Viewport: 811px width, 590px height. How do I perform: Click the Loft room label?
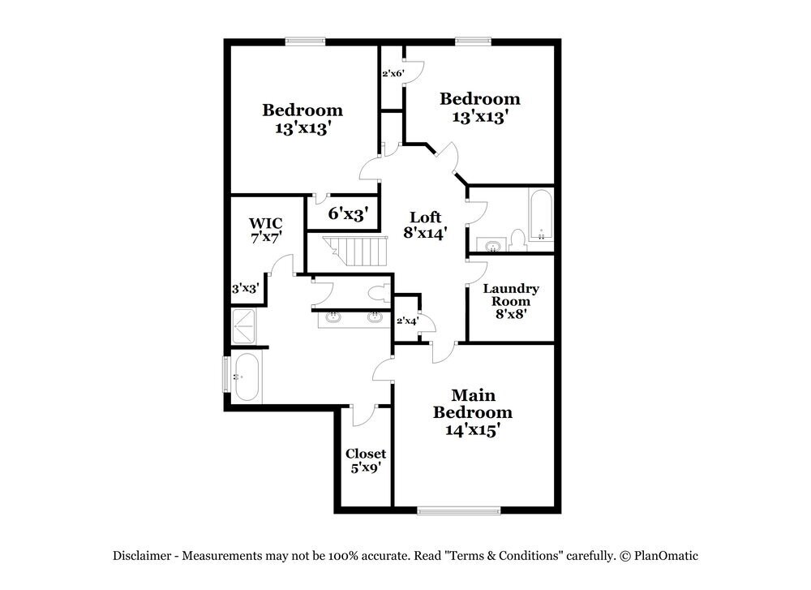point(425,217)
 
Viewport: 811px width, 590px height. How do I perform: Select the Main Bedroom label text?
point(473,403)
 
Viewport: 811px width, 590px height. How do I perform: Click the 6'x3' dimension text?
point(349,214)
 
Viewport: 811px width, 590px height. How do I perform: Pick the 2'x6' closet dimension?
point(393,74)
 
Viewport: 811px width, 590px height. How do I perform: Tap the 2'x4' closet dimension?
point(407,321)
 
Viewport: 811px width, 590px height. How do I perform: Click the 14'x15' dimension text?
point(473,430)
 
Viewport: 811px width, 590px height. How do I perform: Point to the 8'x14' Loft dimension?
point(425,234)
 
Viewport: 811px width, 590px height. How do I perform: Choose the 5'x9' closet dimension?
point(366,468)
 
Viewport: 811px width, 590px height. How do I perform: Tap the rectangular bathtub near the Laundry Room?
point(540,216)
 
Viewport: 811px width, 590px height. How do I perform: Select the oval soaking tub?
point(246,377)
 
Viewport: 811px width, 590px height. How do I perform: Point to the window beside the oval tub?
point(227,375)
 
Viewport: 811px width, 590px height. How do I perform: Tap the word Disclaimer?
point(141,556)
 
